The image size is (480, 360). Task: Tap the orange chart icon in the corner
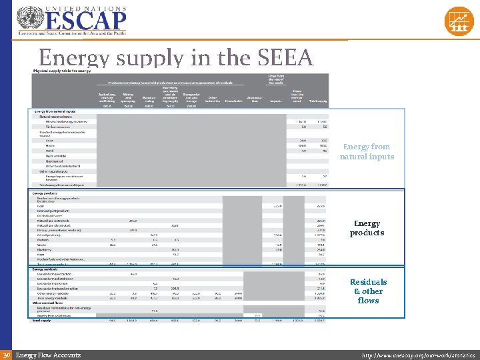pos(458,21)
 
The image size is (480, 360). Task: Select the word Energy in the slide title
pos(73,59)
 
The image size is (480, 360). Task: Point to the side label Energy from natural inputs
pos(367,151)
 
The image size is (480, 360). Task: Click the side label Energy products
pos(367,228)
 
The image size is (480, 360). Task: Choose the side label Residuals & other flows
pos(368,291)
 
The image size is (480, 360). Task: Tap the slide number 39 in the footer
pos(7,355)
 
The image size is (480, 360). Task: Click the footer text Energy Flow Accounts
pos(47,355)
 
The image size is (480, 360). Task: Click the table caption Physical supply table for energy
pos(63,71)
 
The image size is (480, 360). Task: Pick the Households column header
pos(233,101)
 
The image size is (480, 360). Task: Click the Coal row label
pos(41,206)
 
